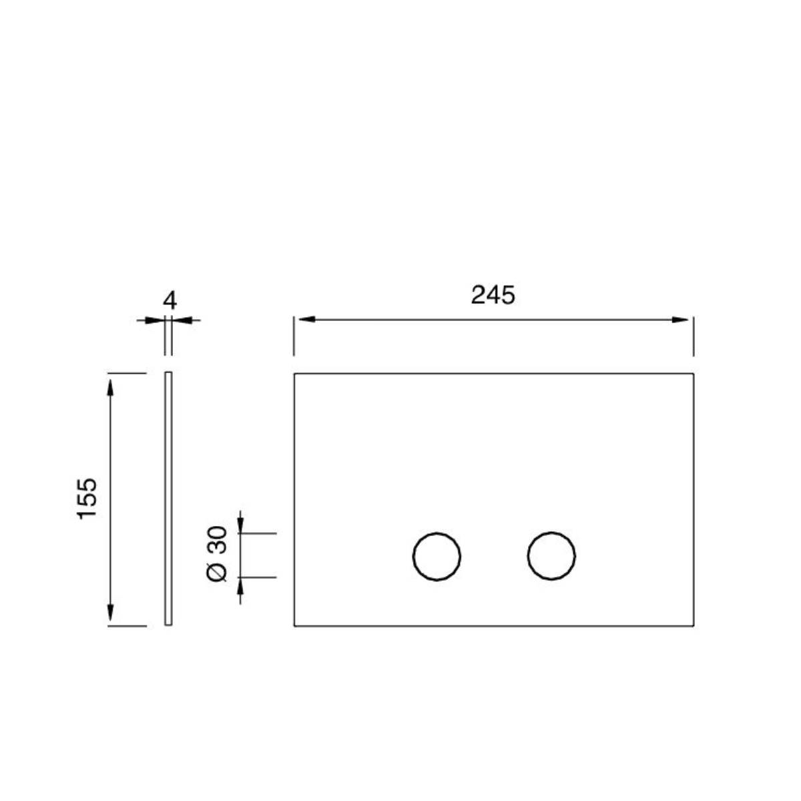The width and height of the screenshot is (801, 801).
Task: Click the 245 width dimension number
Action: coord(493,295)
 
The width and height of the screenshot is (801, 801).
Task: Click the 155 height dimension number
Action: coord(87,498)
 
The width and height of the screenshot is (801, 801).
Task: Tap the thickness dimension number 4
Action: coord(170,300)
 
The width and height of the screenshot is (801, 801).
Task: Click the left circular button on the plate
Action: coord(437,556)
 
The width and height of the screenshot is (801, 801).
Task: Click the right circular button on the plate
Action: coord(551,555)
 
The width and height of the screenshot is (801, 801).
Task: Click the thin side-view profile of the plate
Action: coord(169,499)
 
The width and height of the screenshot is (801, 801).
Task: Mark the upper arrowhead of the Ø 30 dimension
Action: coord(241,525)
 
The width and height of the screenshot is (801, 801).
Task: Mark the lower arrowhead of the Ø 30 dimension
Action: coord(241,586)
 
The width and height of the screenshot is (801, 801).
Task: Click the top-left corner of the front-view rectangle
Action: coord(294,374)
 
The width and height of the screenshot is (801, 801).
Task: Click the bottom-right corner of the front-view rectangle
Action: coord(694,626)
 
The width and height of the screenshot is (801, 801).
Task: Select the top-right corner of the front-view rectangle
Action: coord(694,374)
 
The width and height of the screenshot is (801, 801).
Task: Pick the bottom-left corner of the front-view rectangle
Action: coord(294,626)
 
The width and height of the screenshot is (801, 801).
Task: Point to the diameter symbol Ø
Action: coord(220,572)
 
